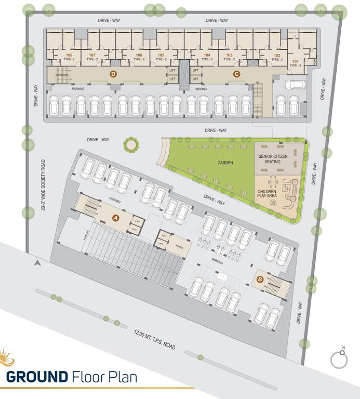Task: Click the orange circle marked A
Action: [x=115, y=217]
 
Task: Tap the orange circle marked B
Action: [x=260, y=280]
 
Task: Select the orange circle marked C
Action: [x=236, y=74]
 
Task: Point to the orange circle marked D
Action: [x=113, y=74]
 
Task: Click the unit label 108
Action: [x=69, y=55]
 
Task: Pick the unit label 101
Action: [x=295, y=61]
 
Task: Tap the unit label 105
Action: [x=161, y=55]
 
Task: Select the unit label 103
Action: [x=229, y=55]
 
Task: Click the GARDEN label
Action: [x=225, y=163]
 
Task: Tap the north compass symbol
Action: [x=339, y=358]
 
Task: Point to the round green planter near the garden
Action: [x=131, y=144]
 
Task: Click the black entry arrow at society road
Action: [x=37, y=263]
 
